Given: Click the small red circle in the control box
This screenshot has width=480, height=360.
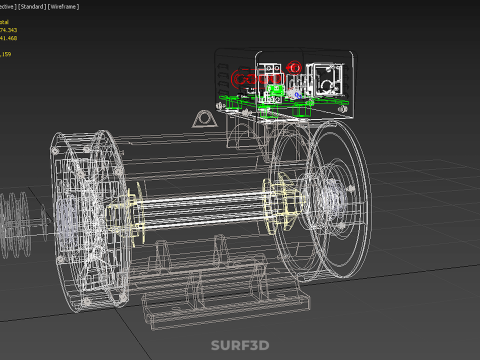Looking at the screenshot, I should pos(294,68).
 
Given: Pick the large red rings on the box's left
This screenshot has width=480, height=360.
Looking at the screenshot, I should pos(245,79).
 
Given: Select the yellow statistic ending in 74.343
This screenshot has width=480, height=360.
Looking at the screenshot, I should pos(14,31).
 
